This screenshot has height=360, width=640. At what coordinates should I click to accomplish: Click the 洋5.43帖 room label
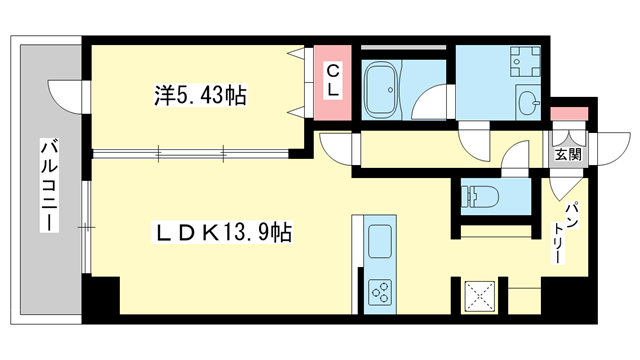tap(200, 97)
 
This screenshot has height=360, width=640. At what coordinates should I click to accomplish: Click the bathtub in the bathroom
tap(381, 89)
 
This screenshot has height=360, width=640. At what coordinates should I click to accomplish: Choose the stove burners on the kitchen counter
tap(381, 290)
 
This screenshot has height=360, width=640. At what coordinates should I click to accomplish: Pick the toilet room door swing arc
tap(514, 160)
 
